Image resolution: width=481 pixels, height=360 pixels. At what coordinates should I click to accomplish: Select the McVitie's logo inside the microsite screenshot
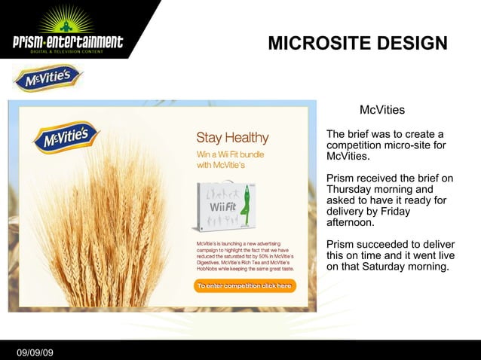[x=66, y=139]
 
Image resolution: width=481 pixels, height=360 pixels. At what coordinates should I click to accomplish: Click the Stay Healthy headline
[x=232, y=138]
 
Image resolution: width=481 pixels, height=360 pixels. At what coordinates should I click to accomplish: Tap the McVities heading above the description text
[x=382, y=111]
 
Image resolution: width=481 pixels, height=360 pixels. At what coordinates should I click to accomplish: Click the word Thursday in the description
[x=350, y=190]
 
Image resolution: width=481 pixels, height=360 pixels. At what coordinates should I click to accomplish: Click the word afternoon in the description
[x=349, y=223]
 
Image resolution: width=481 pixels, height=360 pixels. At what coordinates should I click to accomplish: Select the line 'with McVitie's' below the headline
[x=222, y=166]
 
